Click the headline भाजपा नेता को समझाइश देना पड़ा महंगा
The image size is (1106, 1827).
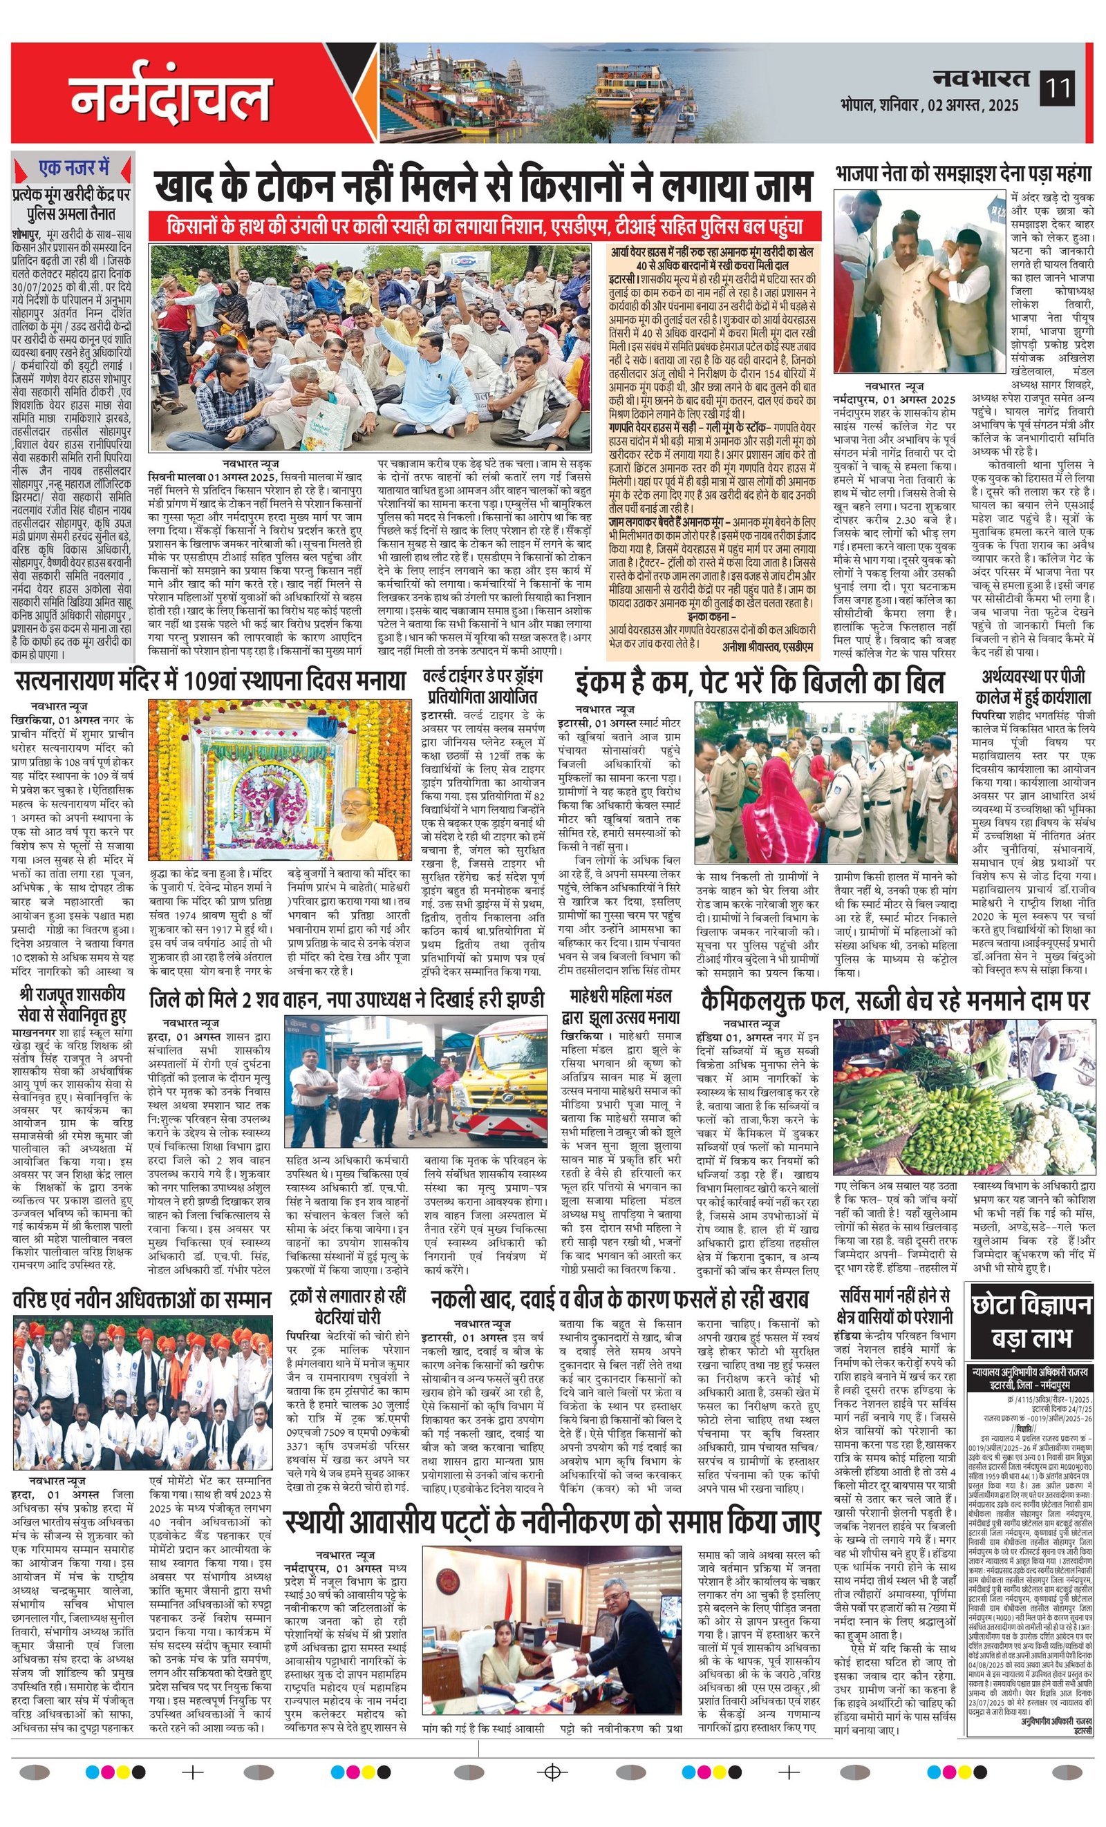[963, 173]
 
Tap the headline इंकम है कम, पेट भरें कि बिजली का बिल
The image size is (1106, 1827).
[760, 682]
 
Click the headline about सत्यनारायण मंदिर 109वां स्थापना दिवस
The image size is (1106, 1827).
[210, 681]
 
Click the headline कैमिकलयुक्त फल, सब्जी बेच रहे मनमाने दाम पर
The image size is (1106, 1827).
[894, 1002]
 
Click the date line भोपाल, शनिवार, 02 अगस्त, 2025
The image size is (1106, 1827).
[930, 105]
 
